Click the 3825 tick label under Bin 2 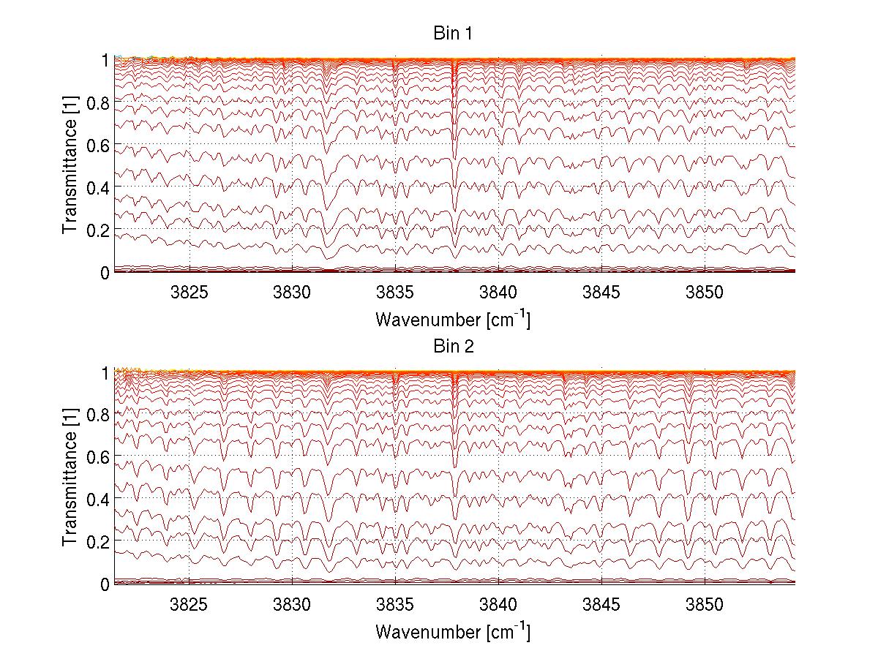[189, 605]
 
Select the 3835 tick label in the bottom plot [395, 605]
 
